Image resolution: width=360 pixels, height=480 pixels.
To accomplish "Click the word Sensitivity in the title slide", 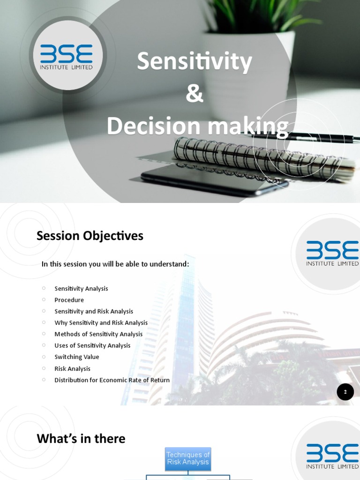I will pos(194,62).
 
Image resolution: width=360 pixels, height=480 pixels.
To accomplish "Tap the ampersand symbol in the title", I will pos(195,94).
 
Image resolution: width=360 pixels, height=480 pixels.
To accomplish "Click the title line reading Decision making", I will pos(197,127).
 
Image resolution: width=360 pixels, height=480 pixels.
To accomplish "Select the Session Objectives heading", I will pos(90,236).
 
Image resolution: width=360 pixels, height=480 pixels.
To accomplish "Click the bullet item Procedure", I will pos(69,300).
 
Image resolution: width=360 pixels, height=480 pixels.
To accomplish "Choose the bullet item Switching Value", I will pos(77,357).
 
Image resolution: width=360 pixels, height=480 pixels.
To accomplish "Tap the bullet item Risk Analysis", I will pos(72,369).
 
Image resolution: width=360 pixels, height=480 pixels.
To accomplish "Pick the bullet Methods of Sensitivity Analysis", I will pos(98,334).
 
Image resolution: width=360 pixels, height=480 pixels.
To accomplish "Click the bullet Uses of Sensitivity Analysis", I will pos(92,345).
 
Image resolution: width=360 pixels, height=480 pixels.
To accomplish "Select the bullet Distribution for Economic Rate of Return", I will pos(112,380).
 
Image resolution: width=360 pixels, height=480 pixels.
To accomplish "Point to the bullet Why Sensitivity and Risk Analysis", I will pos(101,323).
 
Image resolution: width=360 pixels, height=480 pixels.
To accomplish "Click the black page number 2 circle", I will pos(345,392).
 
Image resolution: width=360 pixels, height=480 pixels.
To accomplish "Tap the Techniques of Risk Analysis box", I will pos(188,458).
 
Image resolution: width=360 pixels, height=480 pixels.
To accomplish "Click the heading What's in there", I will pos(81,439).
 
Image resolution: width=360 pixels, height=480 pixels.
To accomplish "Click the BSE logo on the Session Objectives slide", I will pos(332,254).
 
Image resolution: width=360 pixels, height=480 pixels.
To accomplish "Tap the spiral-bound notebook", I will pos(262,159).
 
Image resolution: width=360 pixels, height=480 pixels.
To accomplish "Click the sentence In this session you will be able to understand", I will pos(115,264).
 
